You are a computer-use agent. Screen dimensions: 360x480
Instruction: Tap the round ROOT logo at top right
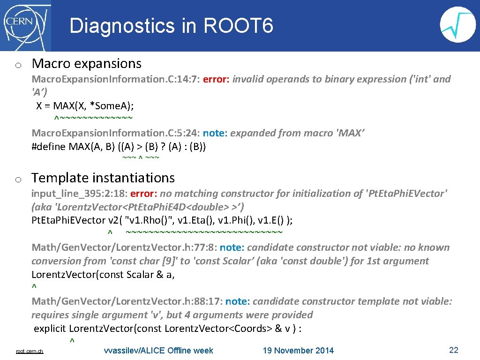(x=458, y=25)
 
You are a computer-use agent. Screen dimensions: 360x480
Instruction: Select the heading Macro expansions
(x=86, y=63)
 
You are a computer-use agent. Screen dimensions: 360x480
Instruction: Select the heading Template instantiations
(x=103, y=178)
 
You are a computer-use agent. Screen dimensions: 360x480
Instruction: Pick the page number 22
(x=453, y=350)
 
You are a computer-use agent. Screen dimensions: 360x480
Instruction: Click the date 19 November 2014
(x=298, y=351)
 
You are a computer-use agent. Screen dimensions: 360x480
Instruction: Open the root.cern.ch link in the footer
(x=30, y=351)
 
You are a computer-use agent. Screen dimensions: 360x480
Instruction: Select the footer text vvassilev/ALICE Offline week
(x=158, y=351)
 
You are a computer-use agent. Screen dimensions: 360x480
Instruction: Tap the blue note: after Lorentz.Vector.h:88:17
(x=236, y=301)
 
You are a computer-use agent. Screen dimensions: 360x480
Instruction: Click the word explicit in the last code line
(x=50, y=329)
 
